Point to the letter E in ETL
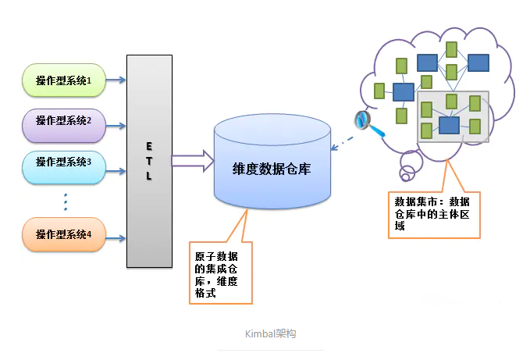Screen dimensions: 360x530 coord(148,146)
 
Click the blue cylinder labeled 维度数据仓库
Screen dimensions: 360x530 coord(272,169)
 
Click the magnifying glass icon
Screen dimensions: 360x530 coord(364,120)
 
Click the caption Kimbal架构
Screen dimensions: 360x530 coord(270,333)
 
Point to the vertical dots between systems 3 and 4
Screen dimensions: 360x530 coord(66,201)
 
